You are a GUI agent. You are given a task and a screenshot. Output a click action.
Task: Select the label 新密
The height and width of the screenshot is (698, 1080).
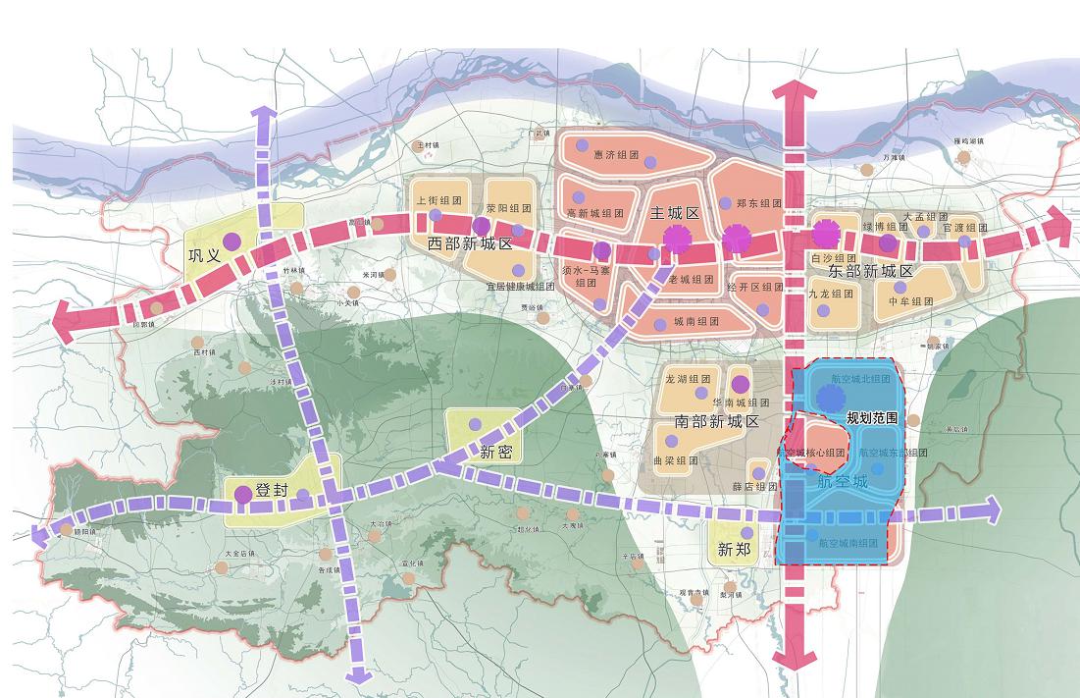click(496, 452)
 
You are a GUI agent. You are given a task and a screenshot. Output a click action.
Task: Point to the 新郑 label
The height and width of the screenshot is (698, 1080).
click(733, 550)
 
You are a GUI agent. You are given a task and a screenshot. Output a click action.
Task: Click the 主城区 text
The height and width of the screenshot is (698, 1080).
click(674, 213)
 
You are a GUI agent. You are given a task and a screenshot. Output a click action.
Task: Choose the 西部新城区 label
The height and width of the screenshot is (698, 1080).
click(470, 242)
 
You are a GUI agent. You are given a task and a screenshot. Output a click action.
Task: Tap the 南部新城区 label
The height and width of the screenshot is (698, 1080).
click(717, 421)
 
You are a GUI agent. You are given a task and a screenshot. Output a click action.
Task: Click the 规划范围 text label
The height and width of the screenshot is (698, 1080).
click(872, 418)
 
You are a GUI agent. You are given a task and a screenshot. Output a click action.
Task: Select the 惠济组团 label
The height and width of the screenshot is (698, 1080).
click(616, 154)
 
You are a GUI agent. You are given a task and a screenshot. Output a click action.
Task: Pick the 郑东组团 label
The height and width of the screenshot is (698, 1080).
click(758, 204)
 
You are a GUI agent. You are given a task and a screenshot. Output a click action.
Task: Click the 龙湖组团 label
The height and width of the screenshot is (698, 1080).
click(687, 378)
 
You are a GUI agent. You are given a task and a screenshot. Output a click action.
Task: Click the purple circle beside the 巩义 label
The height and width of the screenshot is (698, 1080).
click(231, 241)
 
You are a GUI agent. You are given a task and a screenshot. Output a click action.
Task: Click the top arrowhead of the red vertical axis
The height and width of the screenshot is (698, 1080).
click(794, 93)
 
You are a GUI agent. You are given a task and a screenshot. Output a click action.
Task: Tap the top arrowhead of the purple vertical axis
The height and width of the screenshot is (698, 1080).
click(264, 114)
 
